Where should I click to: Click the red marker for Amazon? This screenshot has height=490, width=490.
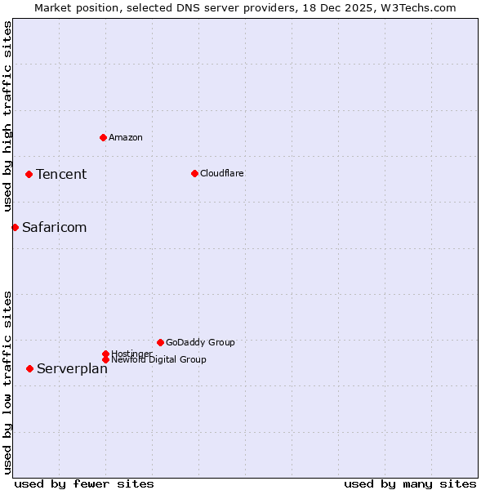(x=103, y=137)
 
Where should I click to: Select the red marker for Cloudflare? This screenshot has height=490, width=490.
(x=194, y=173)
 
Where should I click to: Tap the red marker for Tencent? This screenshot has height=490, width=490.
(x=29, y=174)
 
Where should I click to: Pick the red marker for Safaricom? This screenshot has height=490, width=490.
(x=15, y=227)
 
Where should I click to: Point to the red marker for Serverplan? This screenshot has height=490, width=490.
(x=29, y=368)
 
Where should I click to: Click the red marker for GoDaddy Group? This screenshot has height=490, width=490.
(x=160, y=342)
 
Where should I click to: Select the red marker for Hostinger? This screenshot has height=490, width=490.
(x=105, y=354)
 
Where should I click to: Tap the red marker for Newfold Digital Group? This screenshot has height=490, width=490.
(x=105, y=359)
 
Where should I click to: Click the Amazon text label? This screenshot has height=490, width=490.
(x=126, y=137)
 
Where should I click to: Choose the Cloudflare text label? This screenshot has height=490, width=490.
(x=222, y=173)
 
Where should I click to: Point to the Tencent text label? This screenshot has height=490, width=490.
(x=61, y=174)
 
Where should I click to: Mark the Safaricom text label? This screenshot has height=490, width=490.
(x=54, y=227)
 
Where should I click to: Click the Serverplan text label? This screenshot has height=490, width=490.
(x=72, y=368)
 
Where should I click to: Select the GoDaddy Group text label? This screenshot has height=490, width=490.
(x=200, y=342)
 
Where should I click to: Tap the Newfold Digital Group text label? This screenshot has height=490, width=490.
(x=158, y=360)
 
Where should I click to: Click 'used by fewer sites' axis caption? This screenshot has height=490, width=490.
(x=84, y=483)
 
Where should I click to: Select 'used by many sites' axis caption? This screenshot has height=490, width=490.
(x=410, y=483)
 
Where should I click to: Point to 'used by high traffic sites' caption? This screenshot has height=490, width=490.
(x=7, y=117)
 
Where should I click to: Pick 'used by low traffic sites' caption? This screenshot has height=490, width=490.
(x=7, y=381)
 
